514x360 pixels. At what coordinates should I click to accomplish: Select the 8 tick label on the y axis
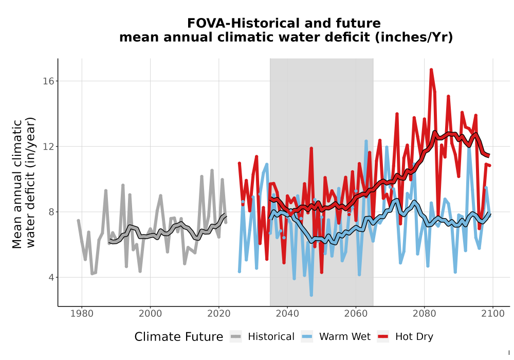pyautogui.click(x=51, y=212)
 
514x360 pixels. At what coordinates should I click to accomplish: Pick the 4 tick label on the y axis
pyautogui.click(x=51, y=277)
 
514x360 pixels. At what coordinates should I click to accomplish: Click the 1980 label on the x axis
pyautogui.click(x=82, y=314)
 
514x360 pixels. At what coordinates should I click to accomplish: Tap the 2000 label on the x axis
pyautogui.click(x=150, y=314)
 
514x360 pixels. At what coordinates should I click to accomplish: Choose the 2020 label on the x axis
pyautogui.click(x=218, y=314)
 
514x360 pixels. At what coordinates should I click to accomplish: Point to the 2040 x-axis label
pyautogui.click(x=287, y=314)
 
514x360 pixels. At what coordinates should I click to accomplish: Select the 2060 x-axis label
pyautogui.click(x=356, y=314)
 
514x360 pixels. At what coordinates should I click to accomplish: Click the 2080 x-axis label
pyautogui.click(x=424, y=314)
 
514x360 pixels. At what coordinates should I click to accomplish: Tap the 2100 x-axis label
pyautogui.click(x=493, y=314)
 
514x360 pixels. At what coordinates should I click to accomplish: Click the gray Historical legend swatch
pyautogui.click(x=236, y=337)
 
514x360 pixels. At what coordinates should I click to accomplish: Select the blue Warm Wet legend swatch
pyautogui.click(x=307, y=337)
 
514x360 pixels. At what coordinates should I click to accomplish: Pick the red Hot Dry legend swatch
pyautogui.click(x=383, y=337)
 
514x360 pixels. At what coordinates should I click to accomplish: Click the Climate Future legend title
pyautogui.click(x=179, y=337)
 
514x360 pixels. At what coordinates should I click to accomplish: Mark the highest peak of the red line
pyautogui.click(x=431, y=69)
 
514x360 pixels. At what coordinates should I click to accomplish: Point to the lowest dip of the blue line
pyautogui.click(x=311, y=295)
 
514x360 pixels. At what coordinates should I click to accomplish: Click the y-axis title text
pyautogui.click(x=24, y=183)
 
